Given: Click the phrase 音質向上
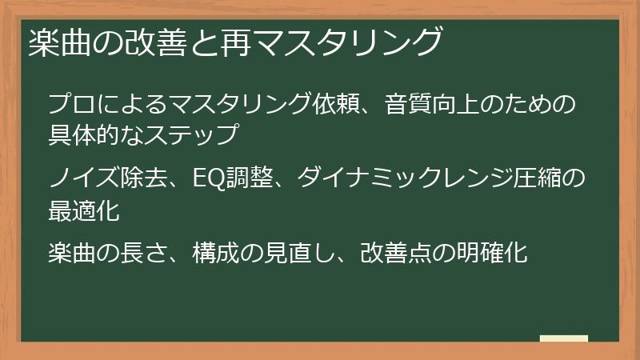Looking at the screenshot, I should point(435,104).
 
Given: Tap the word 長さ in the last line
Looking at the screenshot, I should point(145,254).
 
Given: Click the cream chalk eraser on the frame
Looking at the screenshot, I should point(564,339).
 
